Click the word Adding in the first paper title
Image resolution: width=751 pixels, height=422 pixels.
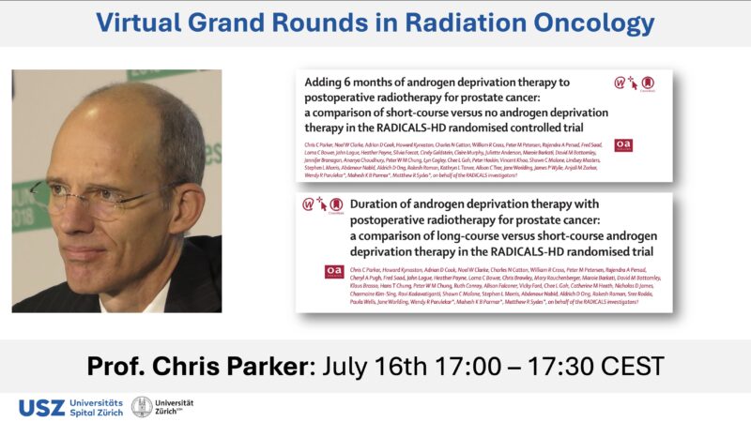[329, 83]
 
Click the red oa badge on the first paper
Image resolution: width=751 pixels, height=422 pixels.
[623, 145]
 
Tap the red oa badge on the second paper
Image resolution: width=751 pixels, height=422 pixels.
[333, 270]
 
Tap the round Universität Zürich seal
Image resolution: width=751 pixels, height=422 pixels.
[142, 406]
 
